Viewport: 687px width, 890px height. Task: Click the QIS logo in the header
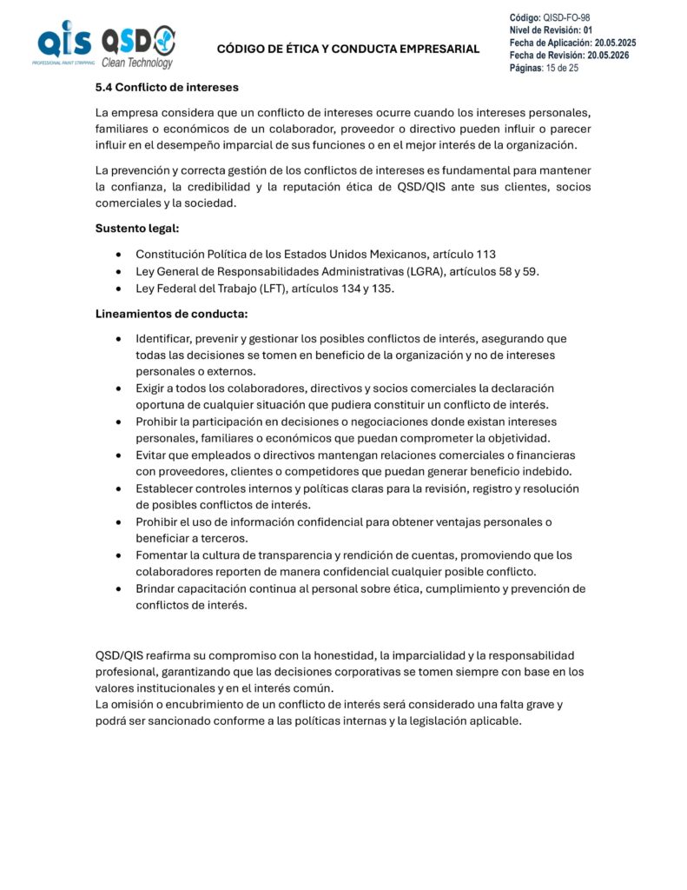point(63,44)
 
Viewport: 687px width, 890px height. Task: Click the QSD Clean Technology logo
point(138,46)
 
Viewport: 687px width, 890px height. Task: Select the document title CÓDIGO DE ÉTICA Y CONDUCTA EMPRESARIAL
point(347,49)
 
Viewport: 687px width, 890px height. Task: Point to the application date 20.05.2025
point(615,43)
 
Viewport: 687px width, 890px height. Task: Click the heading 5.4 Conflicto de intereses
point(166,87)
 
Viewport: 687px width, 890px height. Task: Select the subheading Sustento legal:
point(136,229)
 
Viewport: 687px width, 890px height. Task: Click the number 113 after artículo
point(486,254)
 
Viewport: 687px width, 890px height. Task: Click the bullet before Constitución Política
point(118,255)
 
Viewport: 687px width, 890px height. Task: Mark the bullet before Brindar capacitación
point(118,589)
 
